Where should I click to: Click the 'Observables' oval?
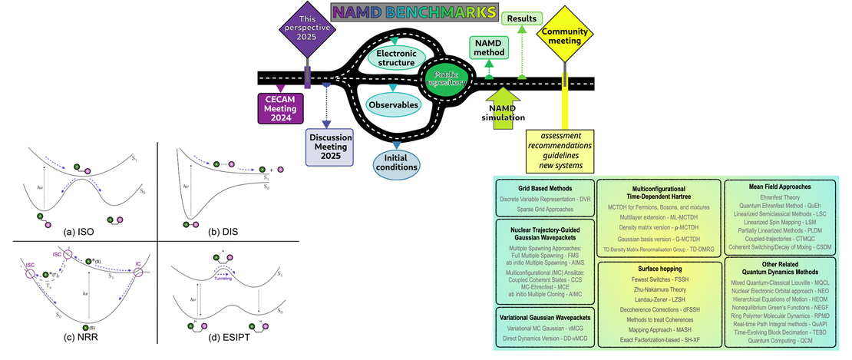point(392,104)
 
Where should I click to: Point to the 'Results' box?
point(521,18)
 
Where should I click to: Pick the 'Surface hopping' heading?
point(659,269)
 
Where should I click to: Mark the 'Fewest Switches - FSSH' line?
point(659,281)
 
